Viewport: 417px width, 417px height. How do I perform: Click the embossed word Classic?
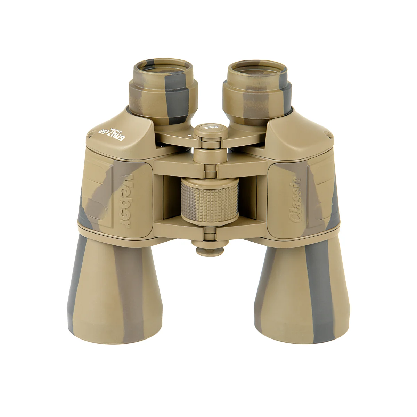(295, 199)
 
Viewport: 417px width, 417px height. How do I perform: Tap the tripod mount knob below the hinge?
(210, 250)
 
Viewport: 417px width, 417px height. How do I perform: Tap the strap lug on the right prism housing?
(327, 133)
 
